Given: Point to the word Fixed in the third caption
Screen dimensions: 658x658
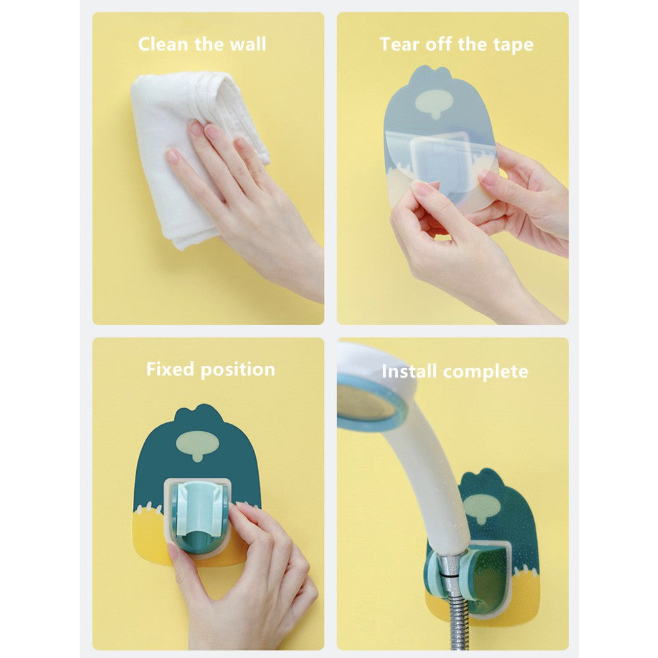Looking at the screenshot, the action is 170,369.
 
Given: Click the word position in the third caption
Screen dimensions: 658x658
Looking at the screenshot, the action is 238,370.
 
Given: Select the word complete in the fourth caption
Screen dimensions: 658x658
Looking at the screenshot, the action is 486,372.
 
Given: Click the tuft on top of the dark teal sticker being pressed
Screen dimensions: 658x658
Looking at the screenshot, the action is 199,412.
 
